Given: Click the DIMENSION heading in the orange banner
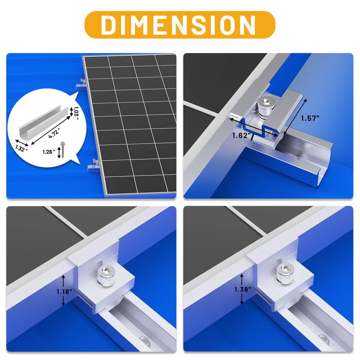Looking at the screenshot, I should pos(180,25).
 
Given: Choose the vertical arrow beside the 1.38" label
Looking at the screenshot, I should pos(243,288).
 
